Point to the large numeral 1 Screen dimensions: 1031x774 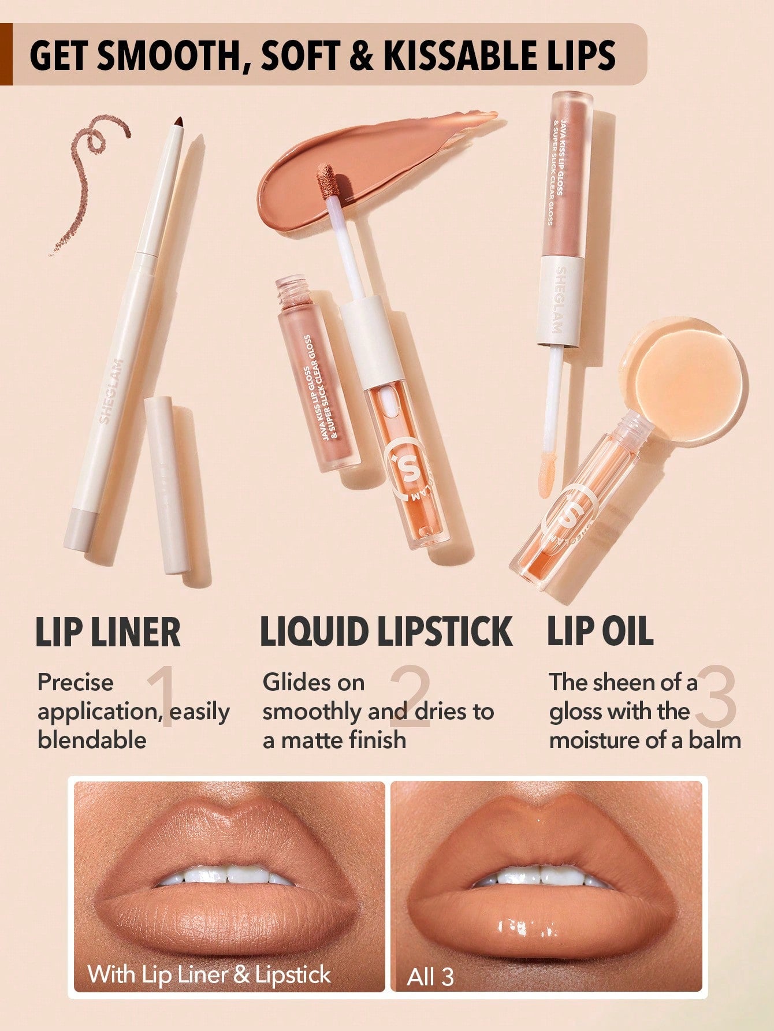click(162, 696)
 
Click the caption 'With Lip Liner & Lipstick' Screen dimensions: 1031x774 click(209, 974)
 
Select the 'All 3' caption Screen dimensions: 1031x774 click(430, 977)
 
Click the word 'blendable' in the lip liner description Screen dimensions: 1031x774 click(92, 740)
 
